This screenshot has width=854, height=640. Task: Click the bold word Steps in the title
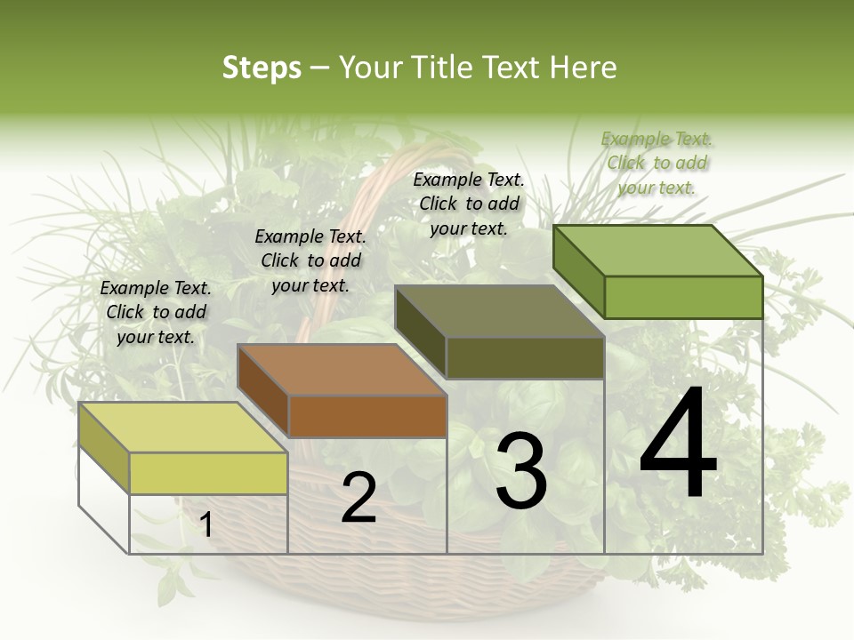tap(261, 68)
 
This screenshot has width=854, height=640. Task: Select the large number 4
tap(678, 444)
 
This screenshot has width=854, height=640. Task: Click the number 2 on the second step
tap(359, 498)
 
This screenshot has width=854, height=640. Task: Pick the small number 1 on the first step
tap(206, 524)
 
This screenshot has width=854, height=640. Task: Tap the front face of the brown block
tap(367, 416)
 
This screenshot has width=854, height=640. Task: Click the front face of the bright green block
tap(683, 297)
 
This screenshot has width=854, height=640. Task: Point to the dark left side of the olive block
tap(420, 332)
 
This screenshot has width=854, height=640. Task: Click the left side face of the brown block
tap(262, 391)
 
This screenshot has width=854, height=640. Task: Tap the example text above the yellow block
tap(156, 313)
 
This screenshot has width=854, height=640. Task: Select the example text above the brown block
tap(310, 261)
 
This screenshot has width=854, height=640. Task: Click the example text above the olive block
tap(469, 204)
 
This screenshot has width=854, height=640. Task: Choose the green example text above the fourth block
tap(657, 163)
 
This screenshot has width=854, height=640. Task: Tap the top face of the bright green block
tap(658, 250)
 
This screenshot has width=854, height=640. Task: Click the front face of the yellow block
tap(208, 473)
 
